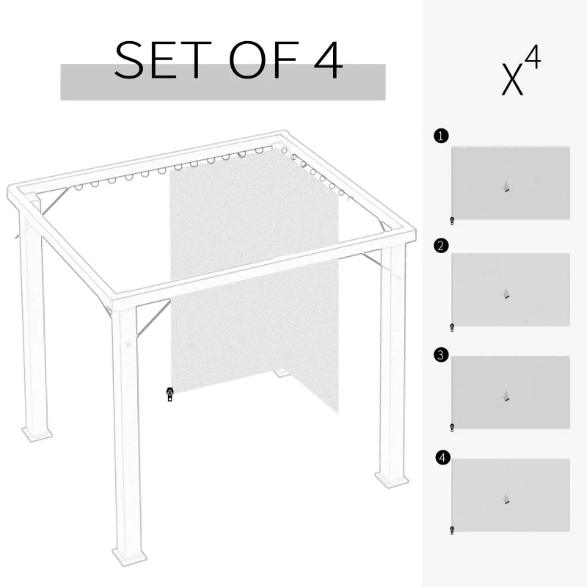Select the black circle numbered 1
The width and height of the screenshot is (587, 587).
pyautogui.click(x=440, y=136)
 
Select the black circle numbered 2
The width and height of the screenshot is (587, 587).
pyautogui.click(x=440, y=246)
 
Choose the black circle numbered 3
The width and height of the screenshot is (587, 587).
pyautogui.click(x=440, y=355)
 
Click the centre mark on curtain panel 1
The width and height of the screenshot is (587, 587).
pyautogui.click(x=506, y=187)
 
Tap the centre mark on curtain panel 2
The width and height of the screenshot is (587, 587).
pyautogui.click(x=506, y=293)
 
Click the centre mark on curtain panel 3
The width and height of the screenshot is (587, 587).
pyautogui.click(x=506, y=397)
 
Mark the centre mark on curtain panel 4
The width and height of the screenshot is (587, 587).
pyautogui.click(x=506, y=500)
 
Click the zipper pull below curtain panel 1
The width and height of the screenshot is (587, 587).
pyautogui.click(x=453, y=219)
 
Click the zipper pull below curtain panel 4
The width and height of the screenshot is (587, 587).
pyautogui.click(x=453, y=529)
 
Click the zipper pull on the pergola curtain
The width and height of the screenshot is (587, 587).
pyautogui.click(x=169, y=395)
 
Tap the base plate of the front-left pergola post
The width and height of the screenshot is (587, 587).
pyautogui.click(x=128, y=553)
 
